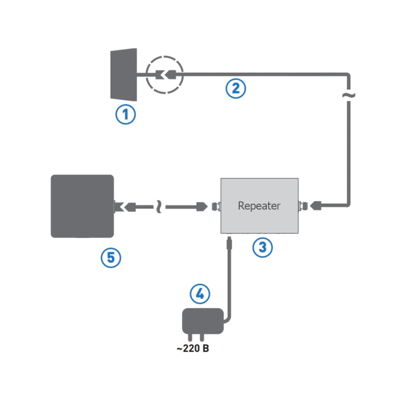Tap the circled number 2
point(236,88)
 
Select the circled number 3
point(262,247)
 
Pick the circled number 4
point(200,294)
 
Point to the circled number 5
point(111,258)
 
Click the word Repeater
point(259,205)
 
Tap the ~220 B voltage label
point(192,349)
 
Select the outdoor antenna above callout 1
point(123,75)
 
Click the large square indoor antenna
point(83,206)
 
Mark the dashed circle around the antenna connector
point(164,75)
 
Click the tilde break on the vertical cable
point(349,95)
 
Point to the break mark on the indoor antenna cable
point(159,207)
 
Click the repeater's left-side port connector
point(217,206)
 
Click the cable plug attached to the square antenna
point(130,207)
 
